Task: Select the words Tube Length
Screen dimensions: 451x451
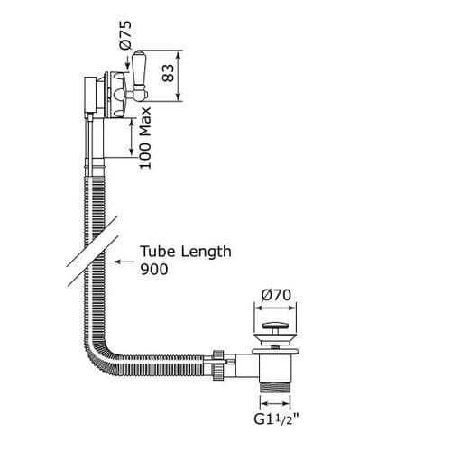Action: pyautogui.click(x=185, y=252)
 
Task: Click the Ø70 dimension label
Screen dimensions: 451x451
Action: pyautogui.click(x=276, y=294)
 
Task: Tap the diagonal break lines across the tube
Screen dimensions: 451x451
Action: pyautogui.click(x=90, y=257)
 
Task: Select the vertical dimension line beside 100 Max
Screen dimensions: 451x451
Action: pyautogui.click(x=133, y=140)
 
